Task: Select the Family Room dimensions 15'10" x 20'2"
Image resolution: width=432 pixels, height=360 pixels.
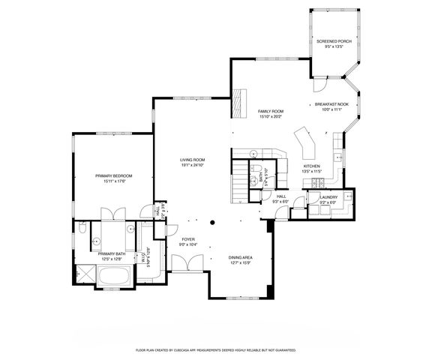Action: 270,116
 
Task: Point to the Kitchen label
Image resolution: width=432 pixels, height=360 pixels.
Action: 312,166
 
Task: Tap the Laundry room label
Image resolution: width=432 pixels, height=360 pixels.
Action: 328,197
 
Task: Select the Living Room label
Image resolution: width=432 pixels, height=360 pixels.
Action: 193,160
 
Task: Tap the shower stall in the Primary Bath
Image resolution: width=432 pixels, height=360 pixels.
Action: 85,274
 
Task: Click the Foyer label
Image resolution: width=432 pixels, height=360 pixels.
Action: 187,239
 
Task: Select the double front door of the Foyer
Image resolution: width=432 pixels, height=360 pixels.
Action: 183,262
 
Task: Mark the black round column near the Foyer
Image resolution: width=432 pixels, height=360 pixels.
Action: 212,221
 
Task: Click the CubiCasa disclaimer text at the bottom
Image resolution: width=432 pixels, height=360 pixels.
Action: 216,349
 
